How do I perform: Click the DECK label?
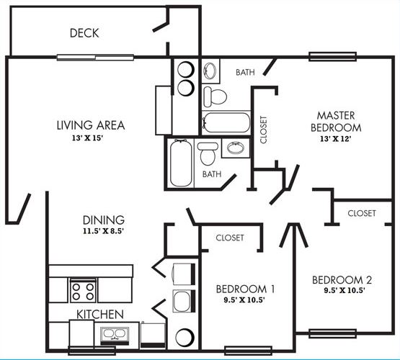pos(84,33)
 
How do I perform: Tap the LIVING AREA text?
pos(90,125)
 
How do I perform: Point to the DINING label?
pos(103,220)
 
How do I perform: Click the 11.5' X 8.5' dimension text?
pos(103,232)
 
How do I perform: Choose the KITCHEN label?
pos(100,315)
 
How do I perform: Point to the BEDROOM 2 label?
pos(342,279)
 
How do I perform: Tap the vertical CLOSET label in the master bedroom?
pos(263,130)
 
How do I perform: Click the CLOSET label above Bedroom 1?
pos(229,237)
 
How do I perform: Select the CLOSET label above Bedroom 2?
pos(361,213)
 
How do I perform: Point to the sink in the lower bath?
pos(234,149)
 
